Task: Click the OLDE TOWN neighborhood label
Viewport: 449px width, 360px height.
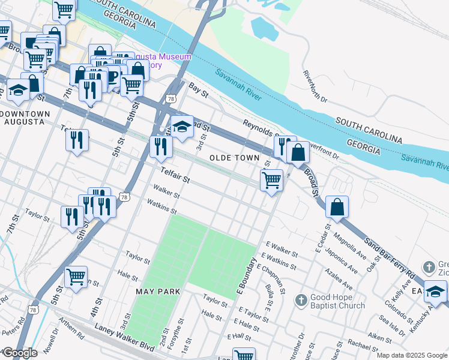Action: click(234, 158)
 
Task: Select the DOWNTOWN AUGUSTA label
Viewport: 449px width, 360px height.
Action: click(25, 118)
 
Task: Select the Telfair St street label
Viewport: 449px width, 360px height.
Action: click(175, 176)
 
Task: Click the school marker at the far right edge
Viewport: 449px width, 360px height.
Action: click(436, 292)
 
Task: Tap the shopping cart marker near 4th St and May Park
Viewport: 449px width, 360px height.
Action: click(76, 277)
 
